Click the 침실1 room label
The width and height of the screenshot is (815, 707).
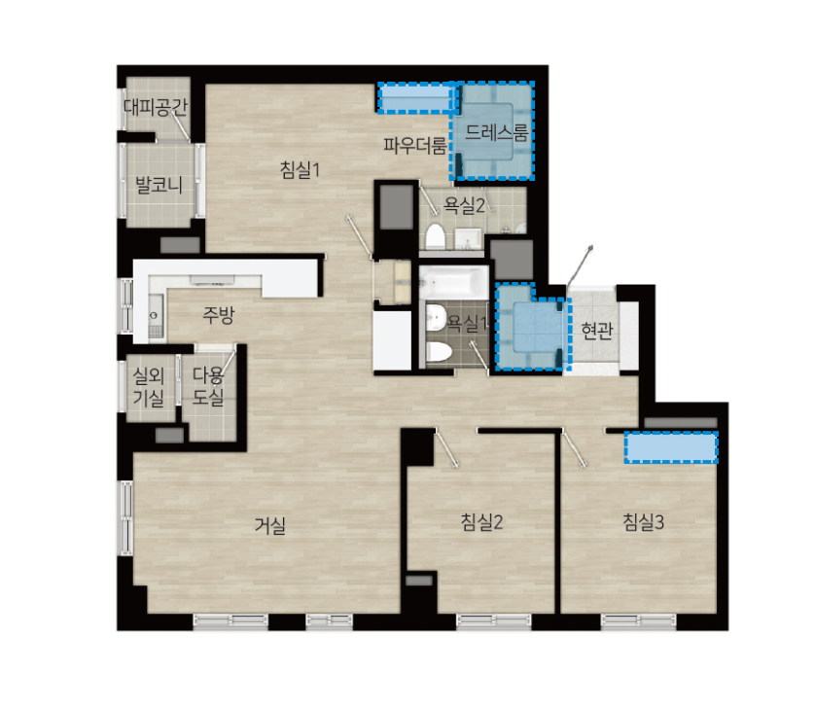300,169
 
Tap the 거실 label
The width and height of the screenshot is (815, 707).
270,525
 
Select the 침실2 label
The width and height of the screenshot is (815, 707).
481,522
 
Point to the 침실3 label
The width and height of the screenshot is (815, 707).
644,522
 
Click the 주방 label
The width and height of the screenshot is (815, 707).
219,314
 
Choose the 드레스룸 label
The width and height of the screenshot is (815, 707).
496,133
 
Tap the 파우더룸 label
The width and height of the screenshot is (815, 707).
414,146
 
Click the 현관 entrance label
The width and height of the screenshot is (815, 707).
597,331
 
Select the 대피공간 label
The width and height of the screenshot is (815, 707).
156,107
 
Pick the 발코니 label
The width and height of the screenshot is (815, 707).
159,185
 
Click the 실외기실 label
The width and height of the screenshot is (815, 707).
149,386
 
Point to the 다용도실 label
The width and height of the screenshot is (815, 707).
208,386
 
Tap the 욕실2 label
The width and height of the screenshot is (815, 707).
464,206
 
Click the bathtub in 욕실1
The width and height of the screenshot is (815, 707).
454,282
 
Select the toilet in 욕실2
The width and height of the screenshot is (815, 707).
435,237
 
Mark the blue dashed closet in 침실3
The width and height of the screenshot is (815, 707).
671,447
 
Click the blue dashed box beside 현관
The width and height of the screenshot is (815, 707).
530,328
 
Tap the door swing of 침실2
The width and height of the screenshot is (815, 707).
447,447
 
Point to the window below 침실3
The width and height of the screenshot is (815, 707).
639,620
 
